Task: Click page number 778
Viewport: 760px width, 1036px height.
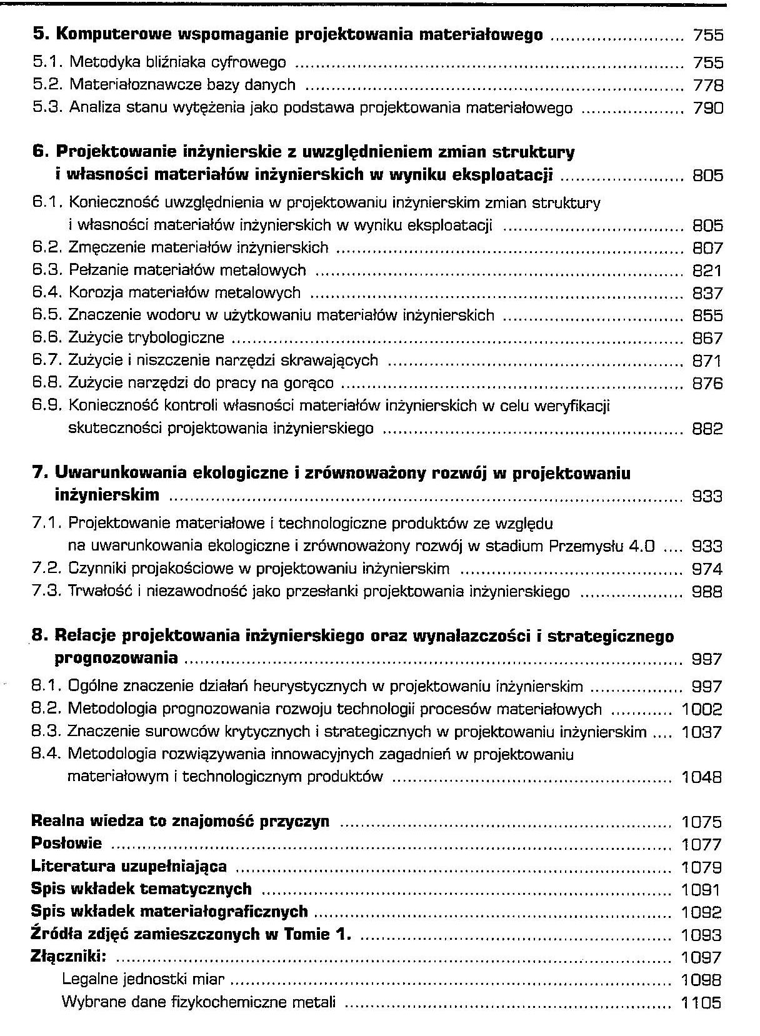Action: coord(707,85)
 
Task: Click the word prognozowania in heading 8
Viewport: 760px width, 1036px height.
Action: coord(116,659)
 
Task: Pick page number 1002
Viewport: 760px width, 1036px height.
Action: coord(701,709)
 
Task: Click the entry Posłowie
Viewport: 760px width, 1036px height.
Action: coord(66,844)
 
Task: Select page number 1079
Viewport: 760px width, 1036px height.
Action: coord(701,867)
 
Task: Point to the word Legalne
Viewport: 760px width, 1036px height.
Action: coord(87,979)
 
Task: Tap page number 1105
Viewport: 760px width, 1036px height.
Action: coord(701,1003)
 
